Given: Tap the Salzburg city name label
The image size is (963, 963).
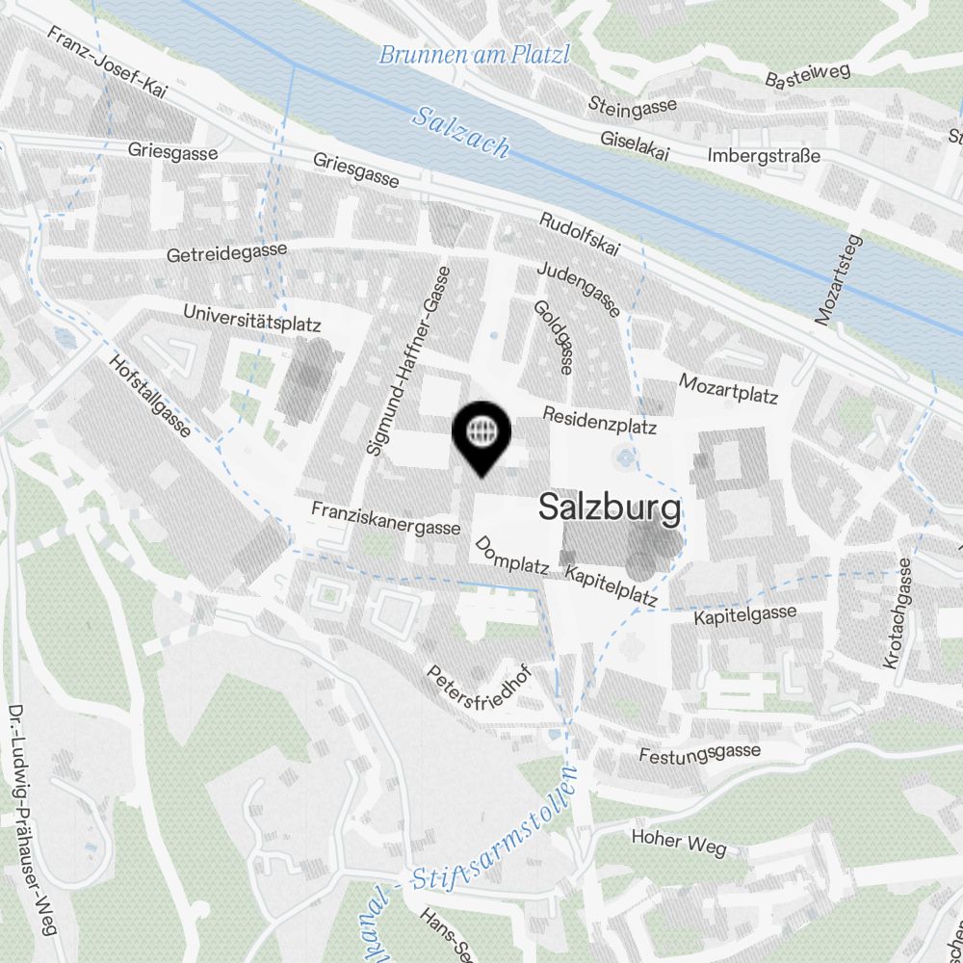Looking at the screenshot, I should coord(610,507).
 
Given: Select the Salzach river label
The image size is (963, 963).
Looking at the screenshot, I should coord(460,132).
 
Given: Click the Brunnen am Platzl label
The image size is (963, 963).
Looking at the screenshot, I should coord(474,55).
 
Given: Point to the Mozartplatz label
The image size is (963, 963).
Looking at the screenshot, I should coord(728,388).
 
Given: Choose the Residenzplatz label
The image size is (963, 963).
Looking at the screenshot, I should coord(599,420).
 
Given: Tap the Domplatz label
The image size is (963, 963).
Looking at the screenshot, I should coord(511,556).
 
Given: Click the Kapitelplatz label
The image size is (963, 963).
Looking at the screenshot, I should coord(611,586).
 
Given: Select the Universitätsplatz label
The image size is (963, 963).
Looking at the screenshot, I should coord(251,318).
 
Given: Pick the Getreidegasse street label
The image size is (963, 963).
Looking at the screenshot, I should coord(227,253).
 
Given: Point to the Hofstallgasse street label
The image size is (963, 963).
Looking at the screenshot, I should coord(151,396).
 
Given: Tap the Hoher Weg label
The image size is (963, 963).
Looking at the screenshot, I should coord(679,841).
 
